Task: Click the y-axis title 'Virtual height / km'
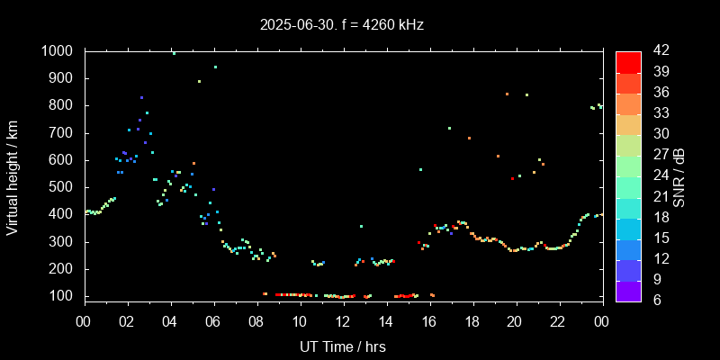click(13, 174)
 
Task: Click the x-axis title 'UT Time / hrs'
click(343, 346)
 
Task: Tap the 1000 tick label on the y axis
click(58, 51)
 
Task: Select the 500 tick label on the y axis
click(62, 187)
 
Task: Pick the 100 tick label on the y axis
click(62, 296)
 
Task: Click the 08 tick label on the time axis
click(256, 322)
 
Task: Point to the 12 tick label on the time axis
click(343, 322)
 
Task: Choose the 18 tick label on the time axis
click(472, 322)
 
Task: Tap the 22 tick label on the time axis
click(558, 322)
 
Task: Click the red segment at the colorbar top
click(628, 61)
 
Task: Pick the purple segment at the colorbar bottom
click(628, 290)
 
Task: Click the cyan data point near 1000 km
click(174, 53)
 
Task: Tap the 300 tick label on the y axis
click(62, 242)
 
